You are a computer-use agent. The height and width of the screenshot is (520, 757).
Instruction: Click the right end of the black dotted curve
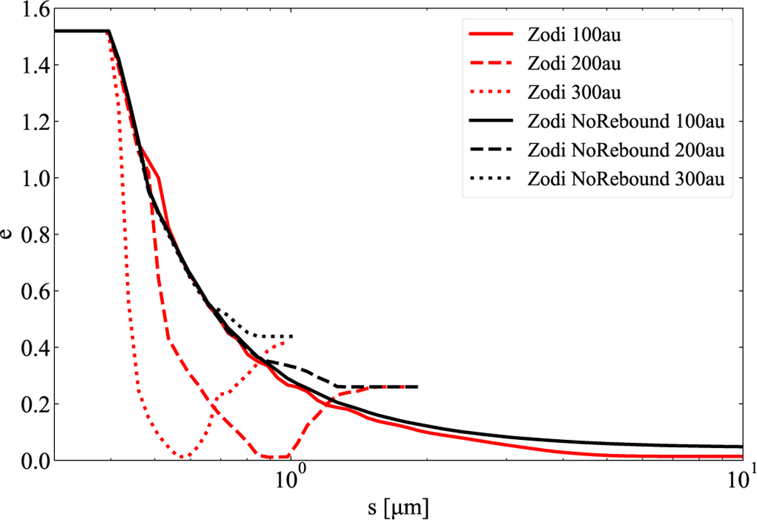pyautogui.click(x=293, y=336)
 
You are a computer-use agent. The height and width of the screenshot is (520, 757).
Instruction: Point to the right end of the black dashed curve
pyautogui.click(x=417, y=386)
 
